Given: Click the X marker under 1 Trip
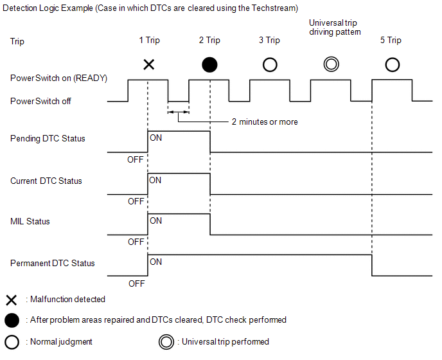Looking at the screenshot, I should (148, 64).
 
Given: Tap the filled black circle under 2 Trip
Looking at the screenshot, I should (209, 64).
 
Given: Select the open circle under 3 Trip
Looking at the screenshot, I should (270, 64).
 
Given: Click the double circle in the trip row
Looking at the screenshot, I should (331, 64).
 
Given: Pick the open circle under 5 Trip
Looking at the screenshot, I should (392, 64).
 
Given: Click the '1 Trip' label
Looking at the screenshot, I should (149, 40).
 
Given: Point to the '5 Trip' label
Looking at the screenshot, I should (390, 40).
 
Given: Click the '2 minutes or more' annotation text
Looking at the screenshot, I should (264, 122).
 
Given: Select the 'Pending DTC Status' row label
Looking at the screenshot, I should (48, 139).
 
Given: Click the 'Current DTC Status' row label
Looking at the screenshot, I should (46, 181).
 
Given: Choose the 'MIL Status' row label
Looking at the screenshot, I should (30, 222).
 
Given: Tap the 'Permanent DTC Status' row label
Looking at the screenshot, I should (53, 264).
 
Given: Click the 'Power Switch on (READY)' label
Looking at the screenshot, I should (58, 78).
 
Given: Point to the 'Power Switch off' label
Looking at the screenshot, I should (40, 102).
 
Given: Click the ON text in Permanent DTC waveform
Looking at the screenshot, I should (155, 262).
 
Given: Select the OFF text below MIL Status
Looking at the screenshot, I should (136, 242).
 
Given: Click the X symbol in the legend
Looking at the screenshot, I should (11, 300).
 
